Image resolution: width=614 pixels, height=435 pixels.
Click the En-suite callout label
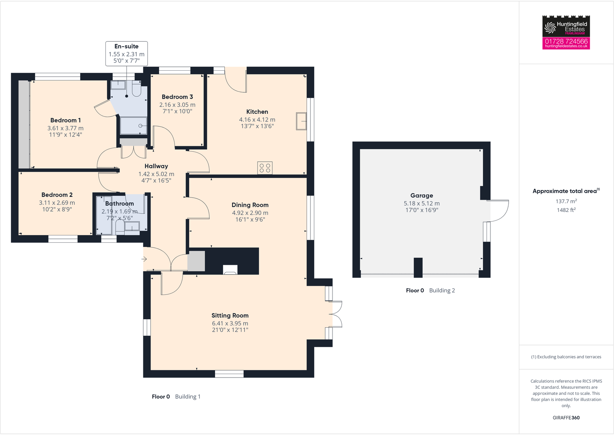pos(126,46)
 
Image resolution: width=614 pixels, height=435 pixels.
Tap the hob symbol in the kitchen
pos(265,168)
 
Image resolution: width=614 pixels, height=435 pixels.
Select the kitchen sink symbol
pos(301,121)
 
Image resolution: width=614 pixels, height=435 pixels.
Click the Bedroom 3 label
pos(177,97)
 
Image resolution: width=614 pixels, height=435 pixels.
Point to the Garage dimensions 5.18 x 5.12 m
pos(422,203)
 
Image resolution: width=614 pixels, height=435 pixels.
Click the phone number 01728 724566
pos(566,41)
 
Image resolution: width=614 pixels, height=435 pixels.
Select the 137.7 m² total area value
pos(566,201)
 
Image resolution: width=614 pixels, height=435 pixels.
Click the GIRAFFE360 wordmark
pos(566,418)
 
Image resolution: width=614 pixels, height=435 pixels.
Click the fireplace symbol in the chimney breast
pos(230,270)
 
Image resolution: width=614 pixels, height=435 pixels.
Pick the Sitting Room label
pos(230,315)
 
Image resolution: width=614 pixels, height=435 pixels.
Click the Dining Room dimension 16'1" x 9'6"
pos(250,219)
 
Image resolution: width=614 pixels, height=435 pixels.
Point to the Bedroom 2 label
pos(57,195)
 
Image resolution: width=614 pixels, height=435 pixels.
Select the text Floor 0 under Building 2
pos(415,290)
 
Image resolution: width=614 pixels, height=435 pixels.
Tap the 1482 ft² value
pos(566,210)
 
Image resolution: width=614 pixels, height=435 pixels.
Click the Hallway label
pos(156,166)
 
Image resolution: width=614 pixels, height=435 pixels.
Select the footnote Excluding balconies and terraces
pos(566,357)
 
